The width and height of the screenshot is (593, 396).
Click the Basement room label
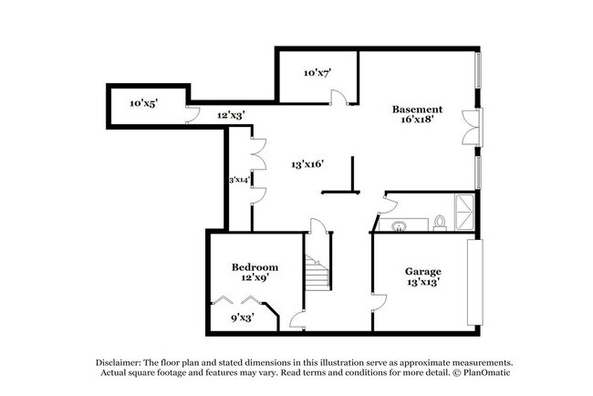click(x=418, y=109)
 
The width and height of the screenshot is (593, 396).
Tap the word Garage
click(x=422, y=272)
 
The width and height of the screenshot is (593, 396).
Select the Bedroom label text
click(x=255, y=266)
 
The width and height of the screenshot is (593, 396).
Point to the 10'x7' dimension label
click(x=317, y=71)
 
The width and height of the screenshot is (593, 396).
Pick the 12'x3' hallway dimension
click(x=231, y=115)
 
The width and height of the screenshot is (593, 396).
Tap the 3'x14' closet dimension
click(x=240, y=181)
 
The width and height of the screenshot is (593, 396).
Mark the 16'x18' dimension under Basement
click(x=417, y=120)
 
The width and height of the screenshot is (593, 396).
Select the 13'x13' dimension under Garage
click(x=422, y=283)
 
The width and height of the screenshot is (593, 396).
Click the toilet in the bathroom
click(x=439, y=221)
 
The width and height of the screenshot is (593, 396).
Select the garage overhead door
click(x=473, y=282)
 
